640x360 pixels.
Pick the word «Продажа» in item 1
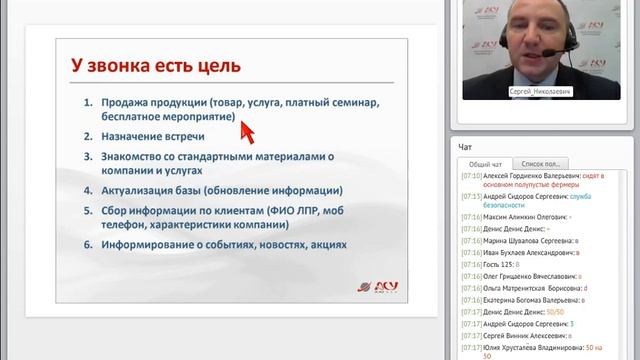[124, 102]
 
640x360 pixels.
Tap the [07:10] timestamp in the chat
[471, 175]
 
